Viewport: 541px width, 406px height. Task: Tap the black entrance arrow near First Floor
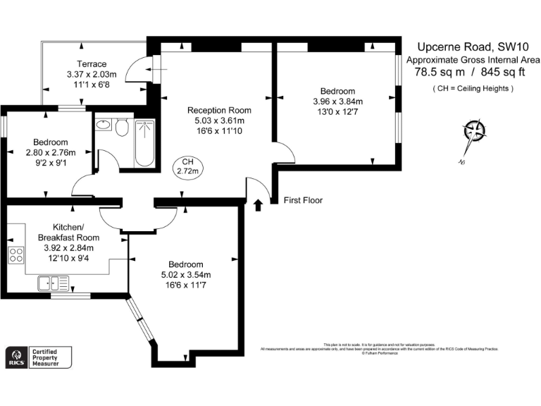click(257, 204)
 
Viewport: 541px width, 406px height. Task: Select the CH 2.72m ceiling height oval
click(188, 167)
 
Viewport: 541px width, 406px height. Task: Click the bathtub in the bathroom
click(144, 143)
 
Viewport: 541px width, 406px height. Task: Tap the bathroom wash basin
click(104, 125)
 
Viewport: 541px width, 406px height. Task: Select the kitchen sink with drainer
click(54, 283)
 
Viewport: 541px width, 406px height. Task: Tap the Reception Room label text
click(218, 110)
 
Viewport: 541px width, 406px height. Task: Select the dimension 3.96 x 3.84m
click(337, 101)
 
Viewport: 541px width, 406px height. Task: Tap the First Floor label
click(303, 200)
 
